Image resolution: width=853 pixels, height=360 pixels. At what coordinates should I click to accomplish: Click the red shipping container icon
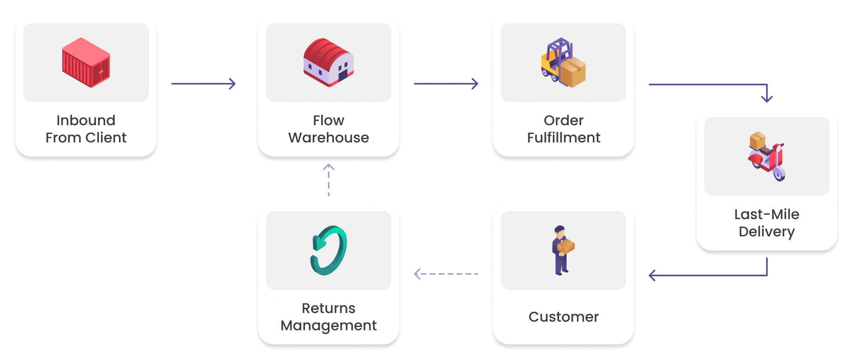coord(86,63)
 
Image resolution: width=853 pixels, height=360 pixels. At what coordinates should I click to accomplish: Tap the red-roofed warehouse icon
coord(329,62)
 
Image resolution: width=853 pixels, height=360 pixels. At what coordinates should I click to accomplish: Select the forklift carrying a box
coord(563,63)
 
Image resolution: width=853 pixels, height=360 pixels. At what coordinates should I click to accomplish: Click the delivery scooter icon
coord(767,156)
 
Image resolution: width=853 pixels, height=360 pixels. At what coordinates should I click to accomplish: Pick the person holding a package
coord(563,250)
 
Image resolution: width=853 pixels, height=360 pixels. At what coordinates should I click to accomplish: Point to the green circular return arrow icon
coord(329,250)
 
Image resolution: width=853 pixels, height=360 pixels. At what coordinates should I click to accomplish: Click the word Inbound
coord(86,120)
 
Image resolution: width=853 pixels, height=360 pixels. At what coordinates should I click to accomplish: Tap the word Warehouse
coord(329,138)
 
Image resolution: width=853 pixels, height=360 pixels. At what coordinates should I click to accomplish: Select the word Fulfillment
coord(563,138)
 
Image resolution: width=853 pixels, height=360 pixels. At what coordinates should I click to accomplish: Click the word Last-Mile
coord(767,214)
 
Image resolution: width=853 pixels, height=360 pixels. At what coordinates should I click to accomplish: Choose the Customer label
coord(563,317)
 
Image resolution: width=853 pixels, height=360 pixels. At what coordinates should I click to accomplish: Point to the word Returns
coord(329,308)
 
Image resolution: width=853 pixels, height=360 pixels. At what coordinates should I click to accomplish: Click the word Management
coord(329,326)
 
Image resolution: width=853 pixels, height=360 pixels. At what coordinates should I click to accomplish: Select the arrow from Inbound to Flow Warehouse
coord(203,83)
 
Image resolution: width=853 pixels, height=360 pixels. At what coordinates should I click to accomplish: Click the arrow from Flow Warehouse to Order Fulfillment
coord(446,83)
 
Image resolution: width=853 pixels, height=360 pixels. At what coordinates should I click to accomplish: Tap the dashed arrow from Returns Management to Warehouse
coord(329,180)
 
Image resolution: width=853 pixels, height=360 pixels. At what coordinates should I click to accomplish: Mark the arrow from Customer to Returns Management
coord(446,274)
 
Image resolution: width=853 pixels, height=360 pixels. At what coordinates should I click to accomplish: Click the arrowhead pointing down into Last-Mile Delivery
coord(767,98)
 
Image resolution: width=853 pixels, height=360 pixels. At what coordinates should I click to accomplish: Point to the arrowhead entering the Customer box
coord(653,275)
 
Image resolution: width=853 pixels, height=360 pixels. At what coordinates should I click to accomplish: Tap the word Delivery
coord(767,232)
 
